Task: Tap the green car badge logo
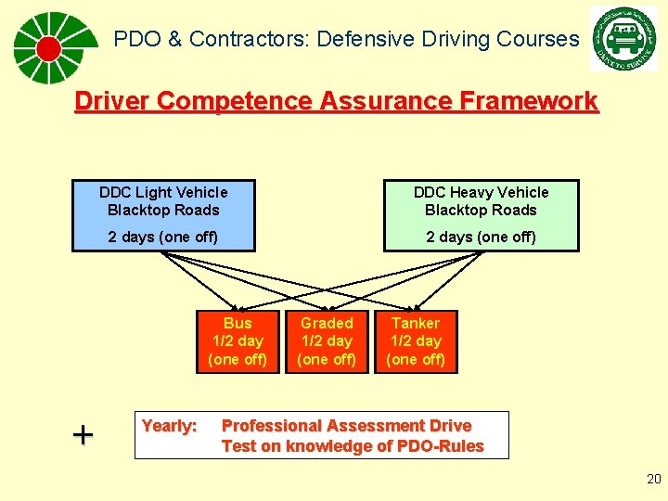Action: point(623,38)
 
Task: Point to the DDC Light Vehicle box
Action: point(163,215)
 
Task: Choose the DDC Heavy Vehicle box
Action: point(481,215)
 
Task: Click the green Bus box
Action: point(238,341)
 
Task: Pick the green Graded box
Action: point(327,341)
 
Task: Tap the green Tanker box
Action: point(416,341)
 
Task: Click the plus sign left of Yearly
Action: point(83,434)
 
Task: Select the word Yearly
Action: point(169,426)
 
